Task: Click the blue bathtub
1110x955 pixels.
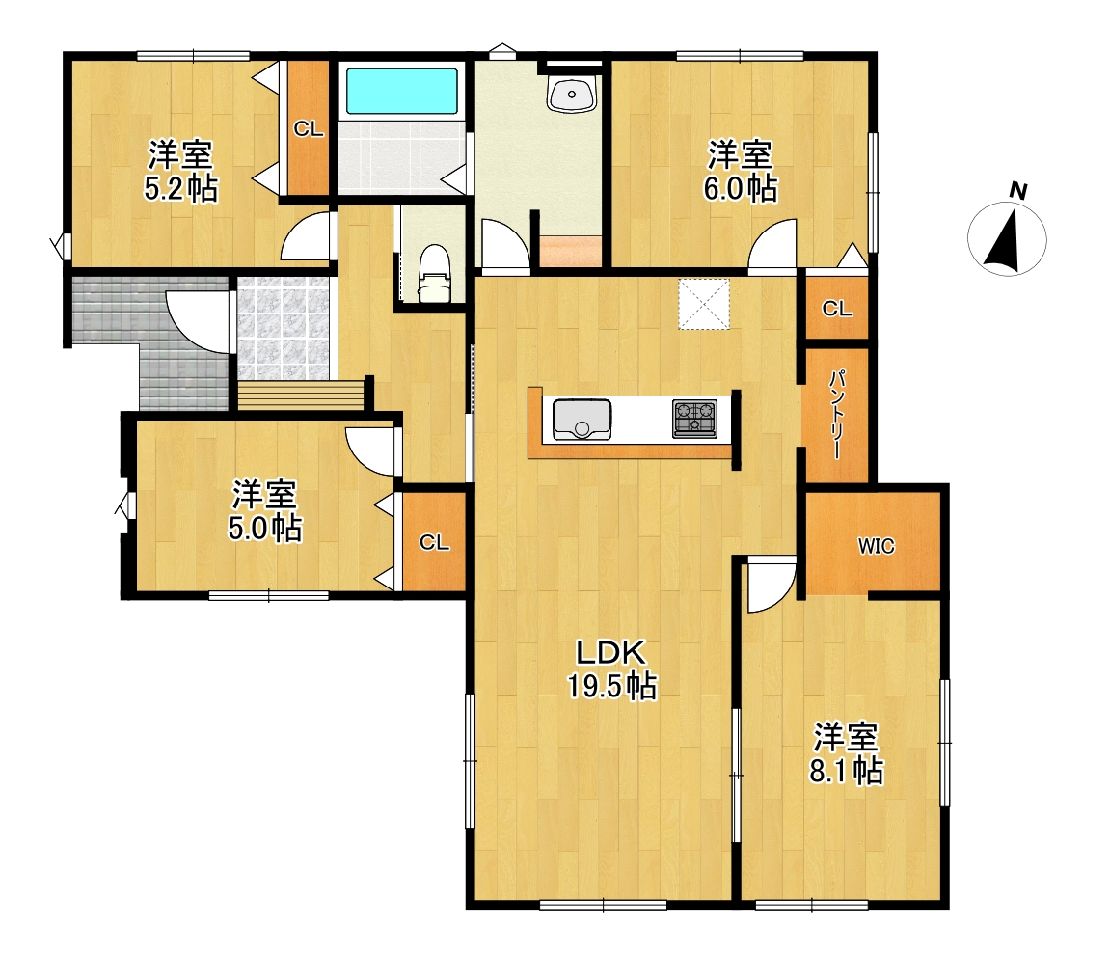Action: (x=401, y=91)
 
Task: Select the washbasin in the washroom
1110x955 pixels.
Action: (x=571, y=95)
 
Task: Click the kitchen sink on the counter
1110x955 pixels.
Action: (x=582, y=419)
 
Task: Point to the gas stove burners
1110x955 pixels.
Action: (x=694, y=418)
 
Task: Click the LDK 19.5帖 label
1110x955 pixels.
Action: (x=611, y=669)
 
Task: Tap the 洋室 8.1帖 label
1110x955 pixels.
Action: (x=846, y=753)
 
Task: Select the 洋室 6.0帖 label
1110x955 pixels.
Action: (x=740, y=171)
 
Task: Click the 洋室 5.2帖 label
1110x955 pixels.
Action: (x=180, y=171)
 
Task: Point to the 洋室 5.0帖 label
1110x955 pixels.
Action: (x=265, y=511)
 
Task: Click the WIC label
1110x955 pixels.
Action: (x=877, y=546)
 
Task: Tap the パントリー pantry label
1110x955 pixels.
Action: (x=837, y=414)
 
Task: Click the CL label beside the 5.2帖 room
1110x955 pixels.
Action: (x=309, y=129)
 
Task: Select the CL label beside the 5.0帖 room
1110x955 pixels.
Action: (x=434, y=542)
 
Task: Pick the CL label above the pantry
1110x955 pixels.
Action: (x=837, y=309)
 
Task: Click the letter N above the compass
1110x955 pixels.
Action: (x=1018, y=190)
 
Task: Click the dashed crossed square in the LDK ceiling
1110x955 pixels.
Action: (x=704, y=305)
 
